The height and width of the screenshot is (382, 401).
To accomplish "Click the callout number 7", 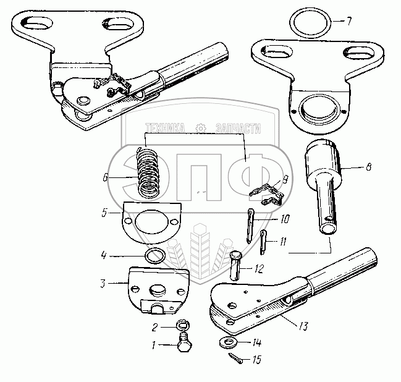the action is (x=348, y=22).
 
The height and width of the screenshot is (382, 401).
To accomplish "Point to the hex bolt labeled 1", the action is (x=184, y=345).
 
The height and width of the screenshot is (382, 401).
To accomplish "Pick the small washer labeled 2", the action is (x=182, y=326).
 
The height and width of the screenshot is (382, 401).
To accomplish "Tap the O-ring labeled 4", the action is (x=155, y=255).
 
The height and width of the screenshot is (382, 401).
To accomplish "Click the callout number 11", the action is (x=282, y=242).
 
